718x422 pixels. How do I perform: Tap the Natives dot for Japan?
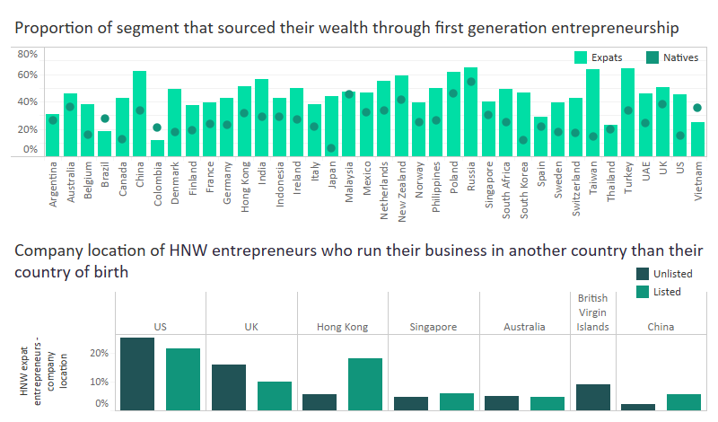click(x=331, y=148)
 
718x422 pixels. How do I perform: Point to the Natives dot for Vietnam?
click(x=697, y=108)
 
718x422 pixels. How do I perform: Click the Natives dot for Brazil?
click(x=105, y=119)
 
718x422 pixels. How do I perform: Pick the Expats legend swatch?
click(x=581, y=57)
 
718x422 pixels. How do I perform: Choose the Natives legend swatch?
click(x=652, y=57)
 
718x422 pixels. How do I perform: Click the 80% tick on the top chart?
click(x=27, y=54)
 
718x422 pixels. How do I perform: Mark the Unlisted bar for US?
click(x=137, y=374)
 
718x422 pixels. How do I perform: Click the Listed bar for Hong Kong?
click(x=365, y=384)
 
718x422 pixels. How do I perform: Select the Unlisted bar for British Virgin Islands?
click(x=593, y=397)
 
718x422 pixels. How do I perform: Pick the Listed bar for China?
click(x=684, y=402)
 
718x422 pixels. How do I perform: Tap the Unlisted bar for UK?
click(x=229, y=387)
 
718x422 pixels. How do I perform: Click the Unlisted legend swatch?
click(x=643, y=274)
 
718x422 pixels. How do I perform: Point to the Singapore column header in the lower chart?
click(x=433, y=327)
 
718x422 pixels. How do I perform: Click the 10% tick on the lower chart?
click(x=97, y=382)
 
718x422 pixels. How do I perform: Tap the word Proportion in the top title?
click(x=54, y=28)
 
